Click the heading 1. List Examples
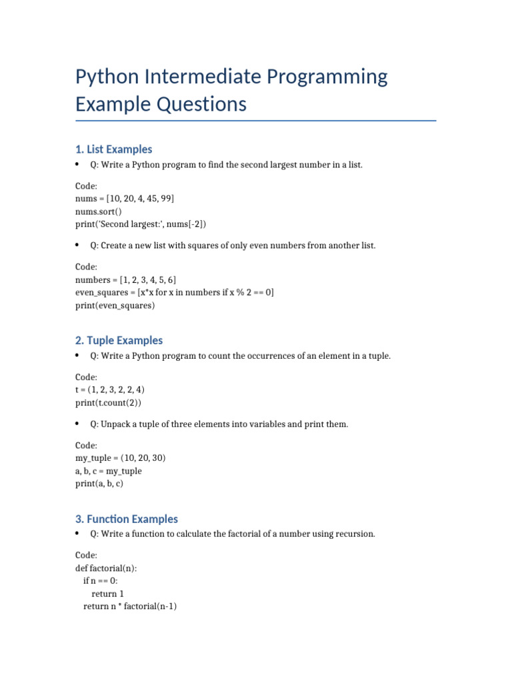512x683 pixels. click(x=113, y=149)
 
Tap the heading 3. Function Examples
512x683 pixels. click(x=127, y=519)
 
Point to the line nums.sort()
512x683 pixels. click(x=99, y=211)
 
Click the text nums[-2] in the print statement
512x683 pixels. click(x=194, y=224)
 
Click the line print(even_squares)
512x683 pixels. click(x=115, y=305)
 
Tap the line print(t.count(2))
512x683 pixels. click(x=108, y=403)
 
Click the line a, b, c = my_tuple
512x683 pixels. click(x=109, y=471)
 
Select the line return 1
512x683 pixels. click(x=107, y=594)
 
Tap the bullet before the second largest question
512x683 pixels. click(x=78, y=164)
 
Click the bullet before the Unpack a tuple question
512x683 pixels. click(x=78, y=424)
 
